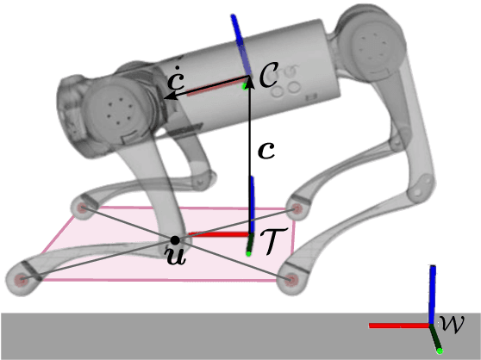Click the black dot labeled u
pyautogui.click(x=175, y=240)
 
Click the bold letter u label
pyautogui.click(x=176, y=256)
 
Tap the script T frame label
pyautogui.click(x=274, y=241)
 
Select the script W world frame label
pyautogui.click(x=452, y=324)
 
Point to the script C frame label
pyautogui.click(x=268, y=74)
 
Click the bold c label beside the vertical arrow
pyautogui.click(x=266, y=151)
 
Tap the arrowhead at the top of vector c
pyautogui.click(x=250, y=81)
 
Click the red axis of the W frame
pyautogui.click(x=399, y=326)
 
